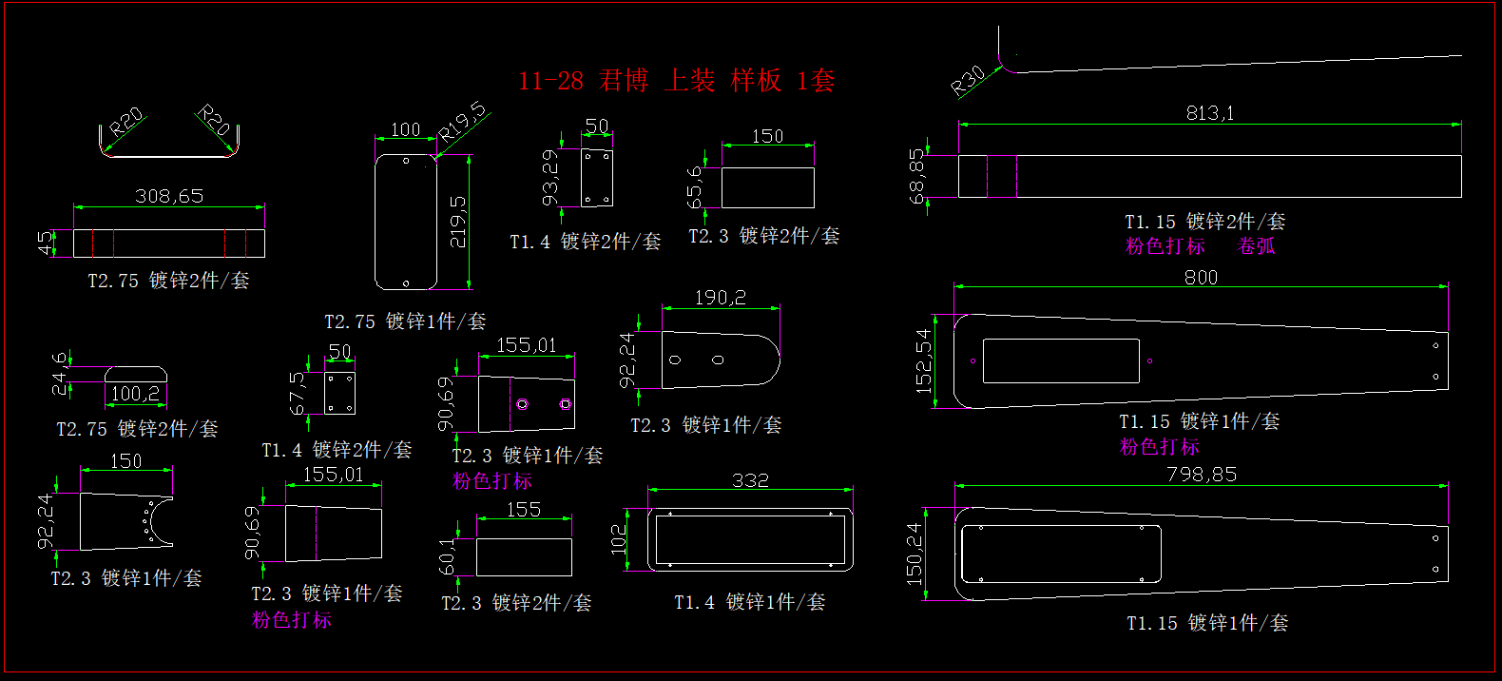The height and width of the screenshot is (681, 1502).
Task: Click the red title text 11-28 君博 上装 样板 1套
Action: point(676,81)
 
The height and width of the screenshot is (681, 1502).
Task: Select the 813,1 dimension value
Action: point(1209,113)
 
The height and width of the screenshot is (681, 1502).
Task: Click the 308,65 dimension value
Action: point(169,196)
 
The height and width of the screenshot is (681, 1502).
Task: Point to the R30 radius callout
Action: point(968,81)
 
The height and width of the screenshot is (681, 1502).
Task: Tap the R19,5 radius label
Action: point(462,123)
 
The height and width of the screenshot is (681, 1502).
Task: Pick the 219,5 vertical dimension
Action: point(457,223)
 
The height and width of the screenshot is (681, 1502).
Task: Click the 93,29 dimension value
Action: point(549,178)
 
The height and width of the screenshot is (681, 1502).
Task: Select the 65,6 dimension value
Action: point(694,186)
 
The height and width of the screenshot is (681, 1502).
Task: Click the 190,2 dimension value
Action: point(720,298)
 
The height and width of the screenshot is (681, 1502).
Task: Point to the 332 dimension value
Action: point(750,480)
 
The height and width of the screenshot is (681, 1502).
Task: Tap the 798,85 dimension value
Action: point(1202,475)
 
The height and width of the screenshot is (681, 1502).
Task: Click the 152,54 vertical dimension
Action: point(923,361)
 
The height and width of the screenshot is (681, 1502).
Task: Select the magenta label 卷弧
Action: point(1256,246)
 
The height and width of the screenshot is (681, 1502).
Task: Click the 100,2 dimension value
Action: point(135,394)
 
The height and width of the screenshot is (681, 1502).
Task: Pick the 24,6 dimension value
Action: point(60,374)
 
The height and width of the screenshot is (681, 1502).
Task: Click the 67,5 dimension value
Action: point(298,393)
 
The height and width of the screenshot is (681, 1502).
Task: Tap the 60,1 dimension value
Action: point(447,557)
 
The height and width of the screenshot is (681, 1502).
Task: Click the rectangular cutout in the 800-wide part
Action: point(1061,361)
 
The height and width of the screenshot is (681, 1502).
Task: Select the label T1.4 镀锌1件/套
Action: point(750,602)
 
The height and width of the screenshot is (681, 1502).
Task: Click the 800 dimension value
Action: point(1201,278)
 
